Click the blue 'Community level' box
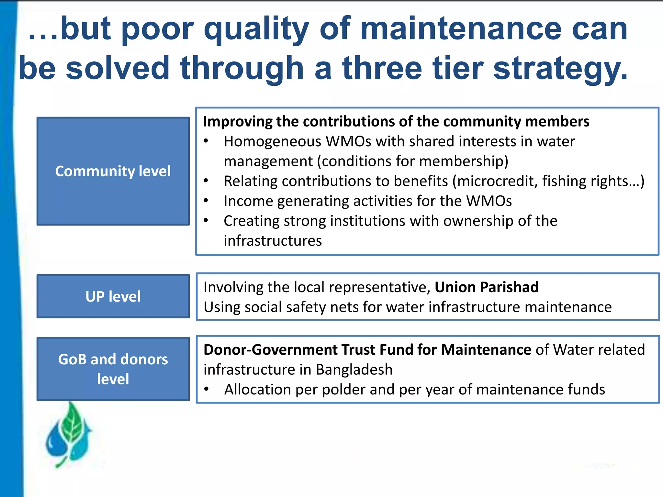pyautogui.click(x=113, y=171)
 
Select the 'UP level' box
pyautogui.click(x=113, y=296)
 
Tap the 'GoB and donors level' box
pyautogui.click(x=113, y=369)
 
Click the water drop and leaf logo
pyautogui.click(x=69, y=435)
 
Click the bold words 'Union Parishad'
pyautogui.click(x=486, y=287)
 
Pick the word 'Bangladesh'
pyautogui.click(x=354, y=370)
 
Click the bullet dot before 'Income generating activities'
pyautogui.click(x=206, y=201)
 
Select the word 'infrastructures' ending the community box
pyautogui.click(x=273, y=241)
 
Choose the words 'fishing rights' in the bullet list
pyautogui.click(x=586, y=181)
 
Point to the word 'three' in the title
pyautogui.click(x=382, y=69)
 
